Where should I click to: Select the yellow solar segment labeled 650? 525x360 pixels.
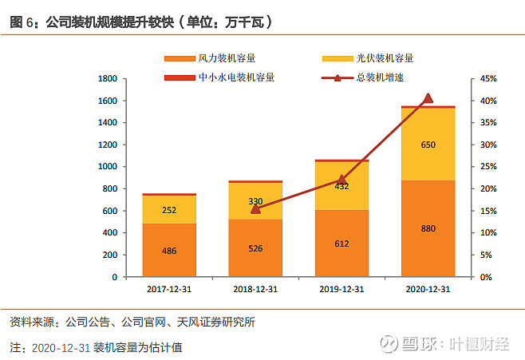coord(428,144)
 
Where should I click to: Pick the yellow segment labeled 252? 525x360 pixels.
coord(169,209)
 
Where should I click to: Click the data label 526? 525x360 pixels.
coord(255,249)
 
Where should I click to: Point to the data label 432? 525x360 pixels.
coord(341,186)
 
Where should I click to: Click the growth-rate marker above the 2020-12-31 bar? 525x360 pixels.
coord(428,98)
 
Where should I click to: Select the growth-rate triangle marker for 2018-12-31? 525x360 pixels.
coord(255,208)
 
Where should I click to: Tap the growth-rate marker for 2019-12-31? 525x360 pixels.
coord(341,180)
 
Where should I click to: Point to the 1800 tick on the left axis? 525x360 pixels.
coord(106,79)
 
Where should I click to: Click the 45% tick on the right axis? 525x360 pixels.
coord(489,79)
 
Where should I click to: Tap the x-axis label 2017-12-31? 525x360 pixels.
coord(169,288)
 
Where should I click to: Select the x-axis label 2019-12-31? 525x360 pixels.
coord(341,288)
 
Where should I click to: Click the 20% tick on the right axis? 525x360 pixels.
coord(489,189)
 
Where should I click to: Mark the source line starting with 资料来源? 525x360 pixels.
coord(132,322)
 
